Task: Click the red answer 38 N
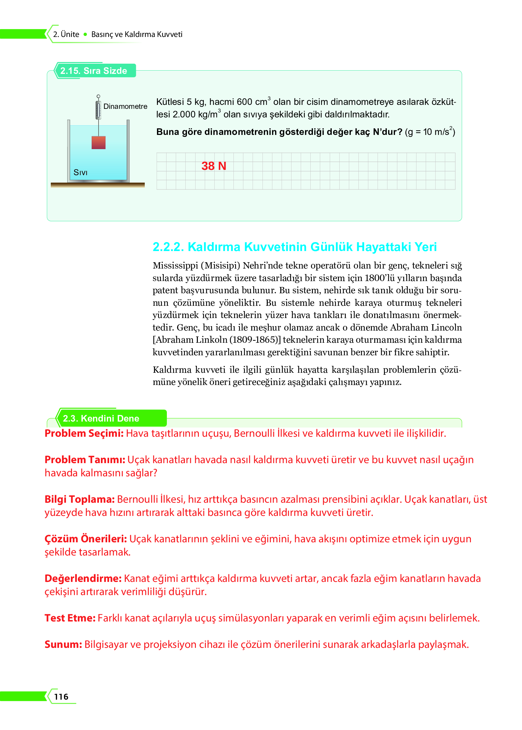pos(214,166)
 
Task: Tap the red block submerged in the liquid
pos(98,143)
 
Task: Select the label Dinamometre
pos(125,106)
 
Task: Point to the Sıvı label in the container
pos(80,173)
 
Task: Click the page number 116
pos(61,697)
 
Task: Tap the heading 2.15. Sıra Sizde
pos(94,71)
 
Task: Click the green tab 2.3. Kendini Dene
pos(101,418)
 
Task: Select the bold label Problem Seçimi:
pos(84,433)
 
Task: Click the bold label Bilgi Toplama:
pos(79,499)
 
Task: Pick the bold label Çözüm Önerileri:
pos(85,539)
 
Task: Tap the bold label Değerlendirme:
pos(83,578)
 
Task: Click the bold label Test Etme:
pos(70,618)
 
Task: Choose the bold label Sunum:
pos(63,644)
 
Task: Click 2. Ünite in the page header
pos(66,34)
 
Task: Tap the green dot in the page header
pos(85,34)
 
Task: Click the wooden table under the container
pos(98,185)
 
